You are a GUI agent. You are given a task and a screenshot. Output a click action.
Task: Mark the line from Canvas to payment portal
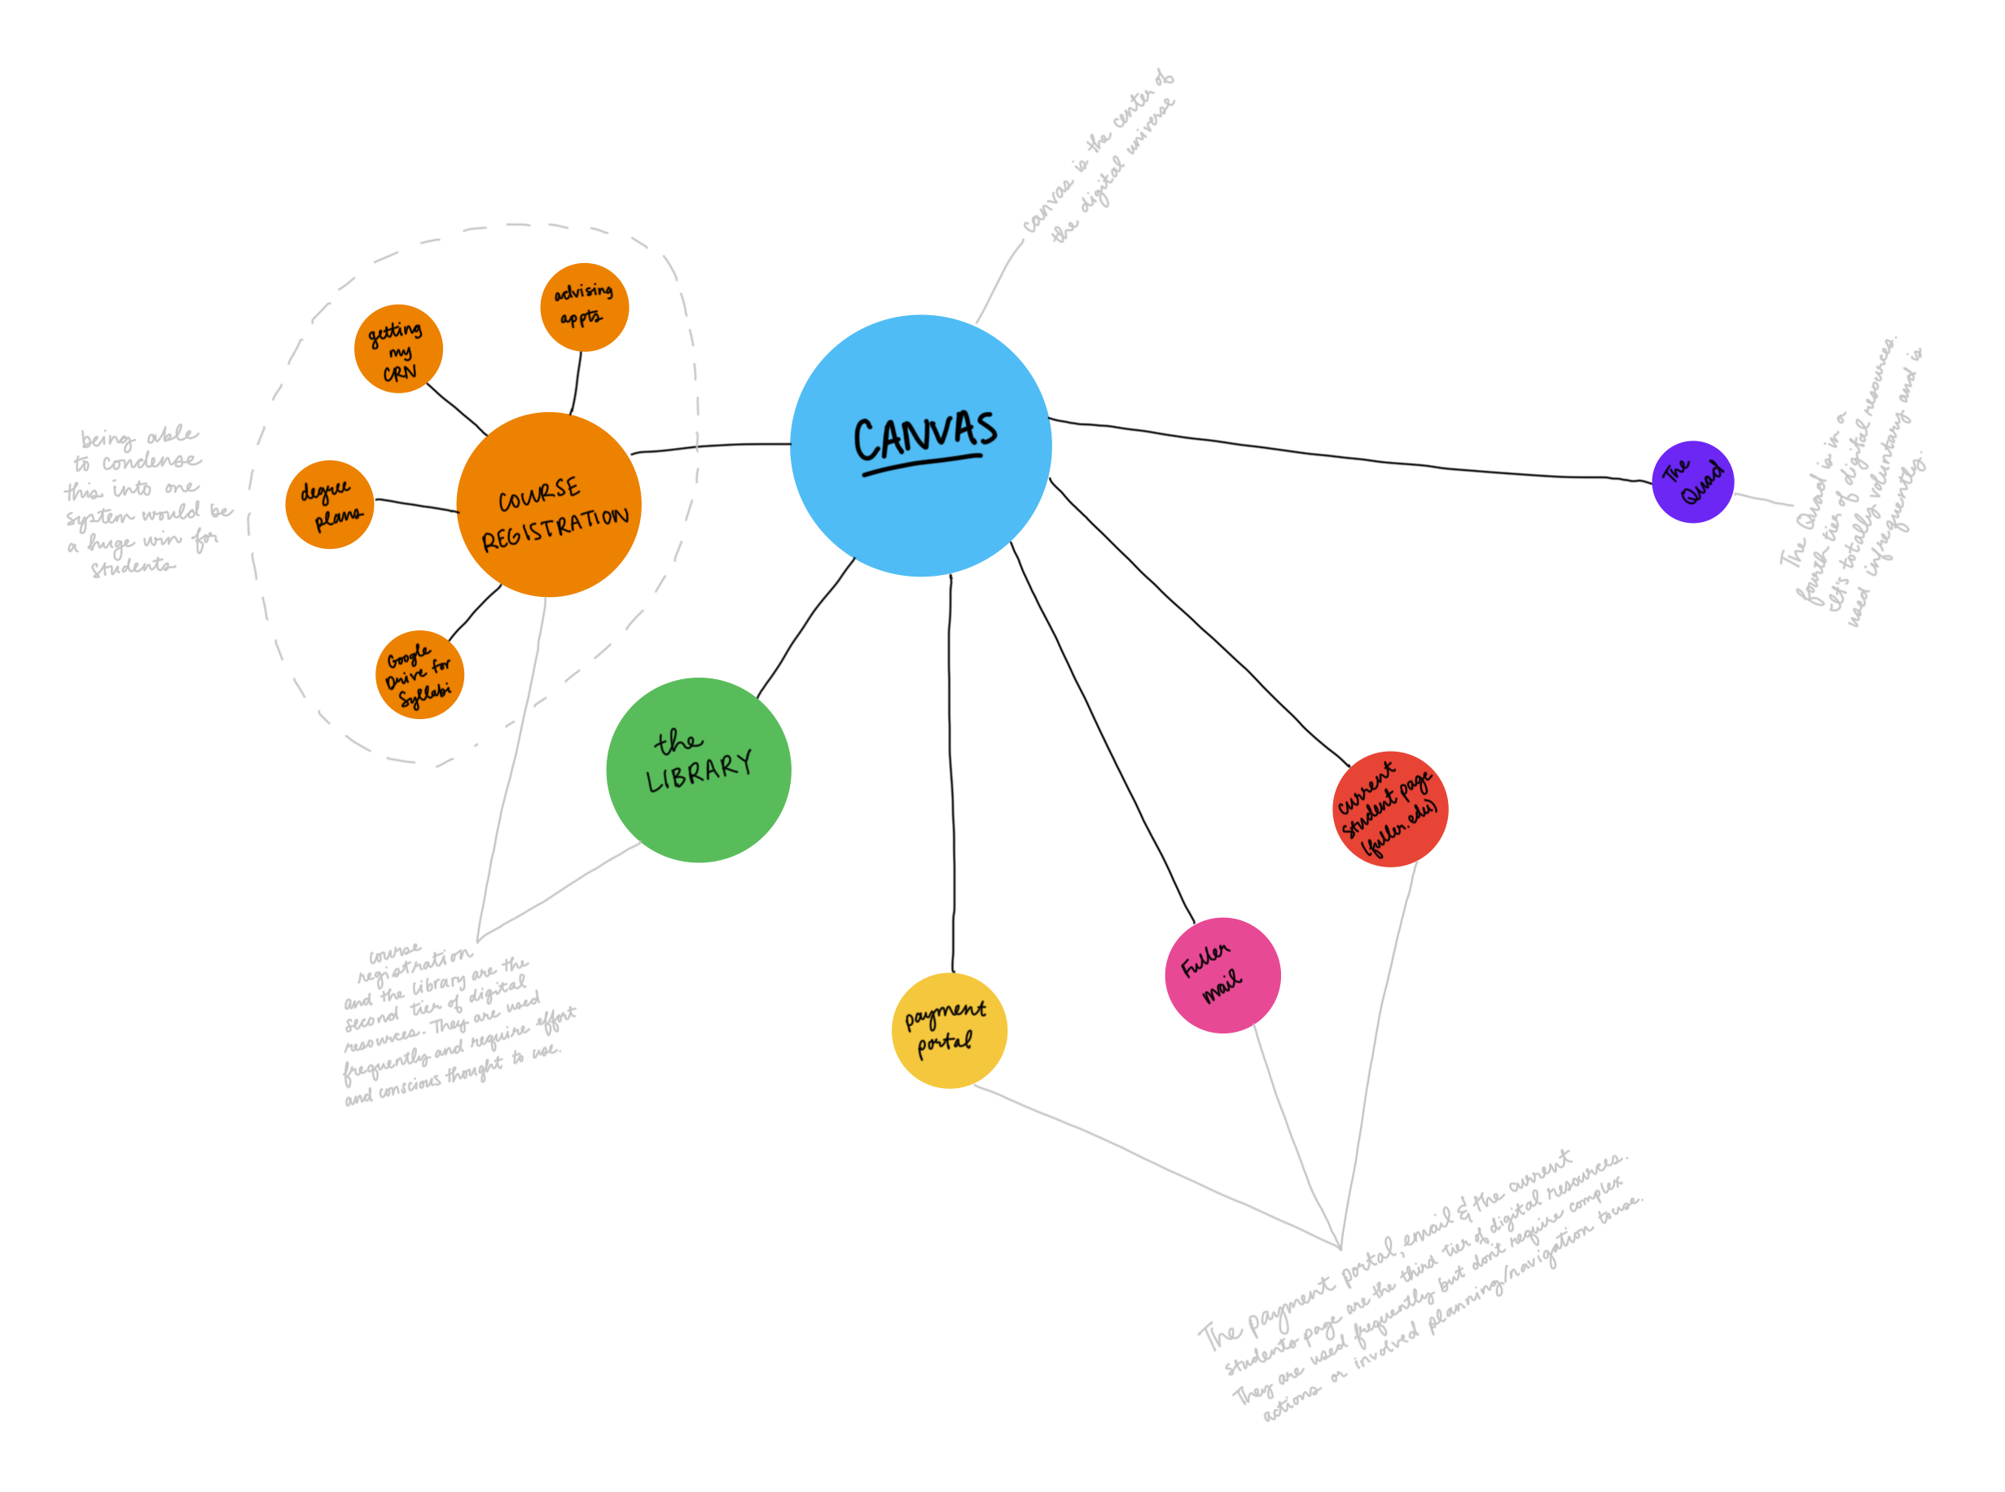(x=950, y=768)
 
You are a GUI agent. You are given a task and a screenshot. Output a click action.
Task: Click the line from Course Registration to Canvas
(x=713, y=445)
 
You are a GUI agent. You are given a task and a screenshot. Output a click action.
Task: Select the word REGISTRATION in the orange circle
(x=555, y=529)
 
